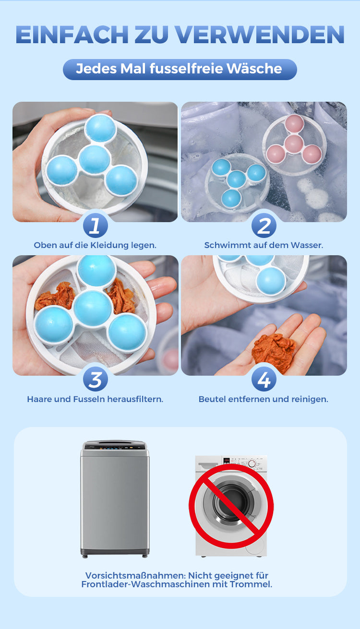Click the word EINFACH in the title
pos(72,35)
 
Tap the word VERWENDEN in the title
pos(260,35)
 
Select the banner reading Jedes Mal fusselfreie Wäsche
pos(180,69)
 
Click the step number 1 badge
pos(96,225)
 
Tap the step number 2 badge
pos(264,225)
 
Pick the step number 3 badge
pos(96,380)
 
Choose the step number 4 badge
pos(264,380)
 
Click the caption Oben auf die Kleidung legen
pos(95,246)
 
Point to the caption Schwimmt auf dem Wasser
pos(264,245)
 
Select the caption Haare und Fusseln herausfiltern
pos(95,399)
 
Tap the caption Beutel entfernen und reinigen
pos(264,399)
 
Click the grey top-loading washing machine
pos(115,499)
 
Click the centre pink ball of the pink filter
pos(293,142)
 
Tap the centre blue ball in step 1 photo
pos(95,159)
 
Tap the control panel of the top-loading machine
pos(115,446)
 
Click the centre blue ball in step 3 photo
pos(93,309)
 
